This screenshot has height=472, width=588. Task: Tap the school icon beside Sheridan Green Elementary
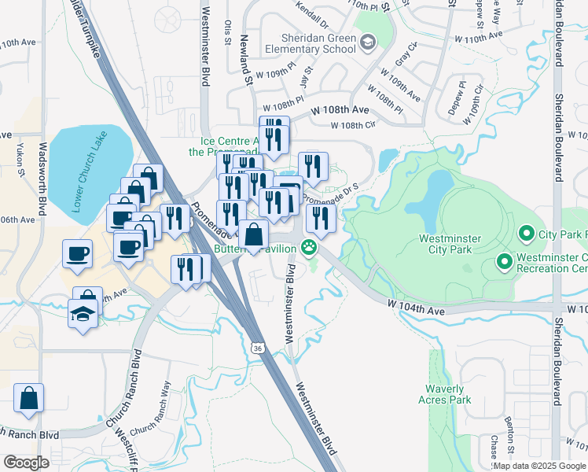pyautogui.click(x=367, y=42)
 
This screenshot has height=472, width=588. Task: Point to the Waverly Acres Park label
pyautogui.click(x=448, y=394)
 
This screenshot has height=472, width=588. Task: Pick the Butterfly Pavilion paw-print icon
pyautogui.click(x=310, y=249)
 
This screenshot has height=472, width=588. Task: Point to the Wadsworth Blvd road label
pyautogui.click(x=42, y=181)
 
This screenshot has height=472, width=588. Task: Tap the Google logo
pyautogui.click(x=26, y=463)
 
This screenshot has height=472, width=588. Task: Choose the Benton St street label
pyautogui.click(x=511, y=449)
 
